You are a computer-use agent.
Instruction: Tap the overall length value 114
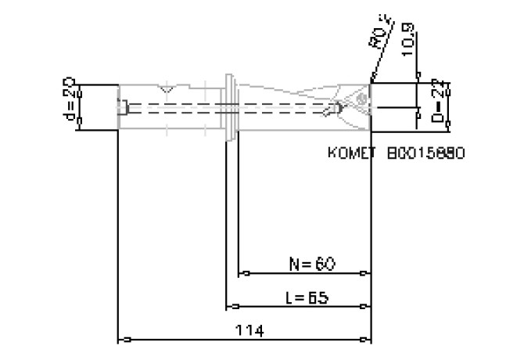pos(249,331)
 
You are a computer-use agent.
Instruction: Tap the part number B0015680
pos(426,153)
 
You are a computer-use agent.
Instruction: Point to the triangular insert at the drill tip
pos(359,102)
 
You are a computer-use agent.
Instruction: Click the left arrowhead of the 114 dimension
pos(122,340)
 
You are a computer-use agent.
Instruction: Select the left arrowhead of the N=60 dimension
pos(243,274)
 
